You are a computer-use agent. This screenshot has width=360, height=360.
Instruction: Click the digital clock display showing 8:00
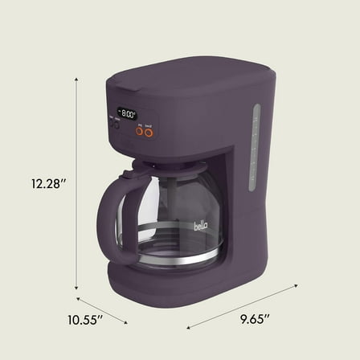tap(127, 113)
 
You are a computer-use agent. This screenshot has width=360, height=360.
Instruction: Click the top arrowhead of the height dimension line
tap(77, 80)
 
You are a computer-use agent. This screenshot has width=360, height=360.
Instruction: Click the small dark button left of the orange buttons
tap(114, 125)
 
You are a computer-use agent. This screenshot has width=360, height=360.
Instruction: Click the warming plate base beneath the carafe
tap(193, 277)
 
